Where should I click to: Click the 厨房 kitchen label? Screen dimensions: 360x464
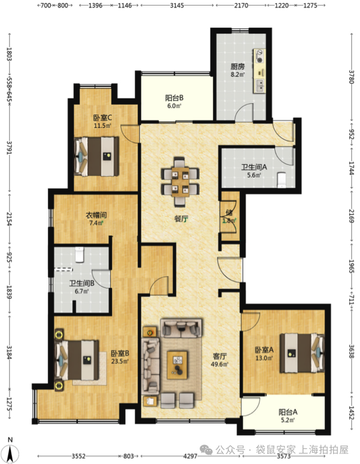238,66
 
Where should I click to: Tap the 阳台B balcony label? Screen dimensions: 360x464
174,98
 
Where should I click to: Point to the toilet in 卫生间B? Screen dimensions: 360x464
79,254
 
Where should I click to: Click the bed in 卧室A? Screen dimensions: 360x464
302,353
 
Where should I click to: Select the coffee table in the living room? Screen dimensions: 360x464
177,365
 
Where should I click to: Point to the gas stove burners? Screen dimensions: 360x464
260,56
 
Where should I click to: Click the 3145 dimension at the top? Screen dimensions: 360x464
177,5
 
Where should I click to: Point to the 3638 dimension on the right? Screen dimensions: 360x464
351,352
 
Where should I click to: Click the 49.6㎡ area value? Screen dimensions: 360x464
220,364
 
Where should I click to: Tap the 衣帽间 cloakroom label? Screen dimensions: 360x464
96,215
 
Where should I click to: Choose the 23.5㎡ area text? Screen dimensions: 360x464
120,361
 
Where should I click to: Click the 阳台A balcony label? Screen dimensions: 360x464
288,412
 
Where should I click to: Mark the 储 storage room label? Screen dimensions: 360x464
229,213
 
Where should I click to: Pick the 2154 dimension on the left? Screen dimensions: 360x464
9,219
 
